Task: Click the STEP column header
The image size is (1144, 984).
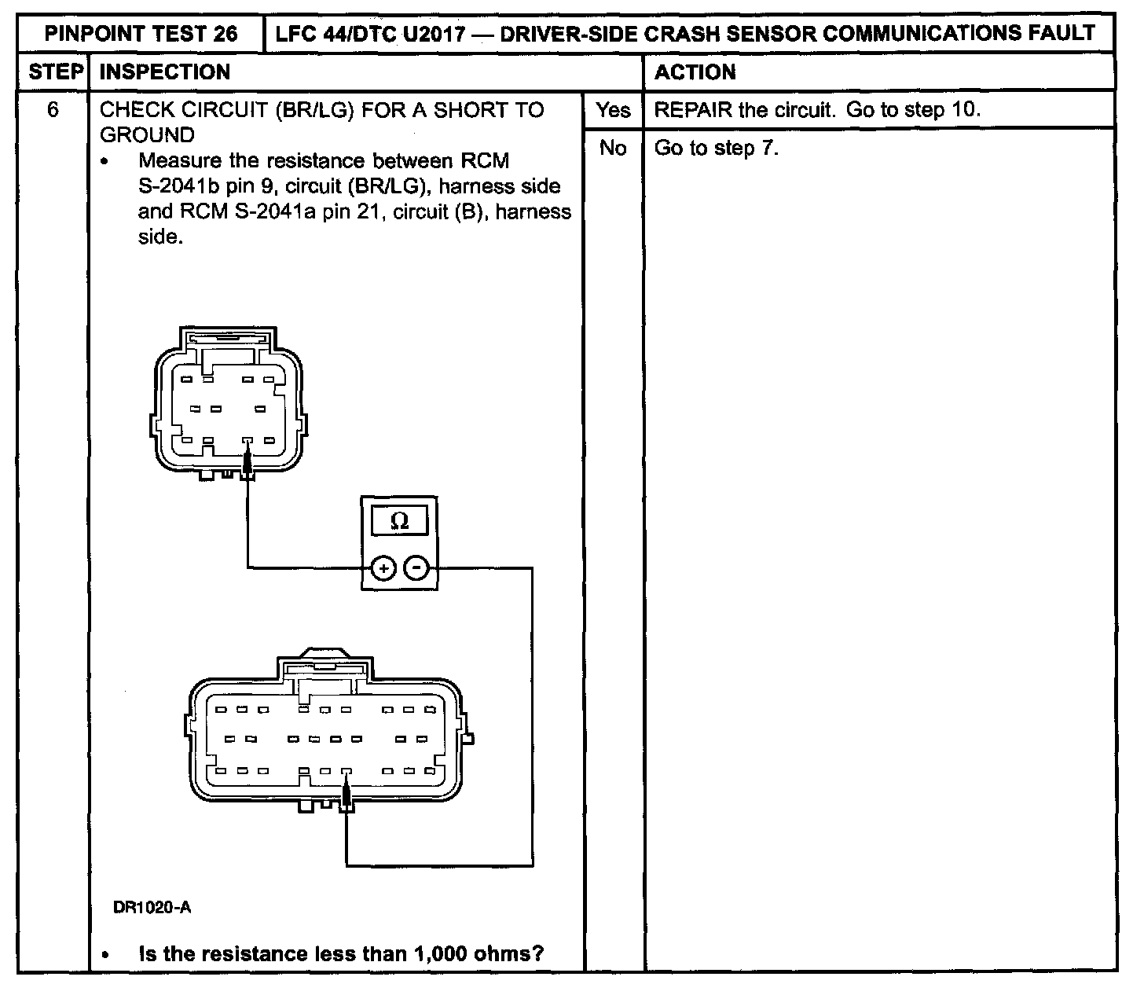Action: (x=55, y=72)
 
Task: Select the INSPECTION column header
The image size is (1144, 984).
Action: (x=166, y=72)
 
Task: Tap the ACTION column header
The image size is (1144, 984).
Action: (x=695, y=72)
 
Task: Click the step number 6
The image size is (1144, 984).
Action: (x=53, y=109)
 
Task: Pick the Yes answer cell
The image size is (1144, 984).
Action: (x=613, y=110)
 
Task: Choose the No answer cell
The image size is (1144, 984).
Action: (x=613, y=148)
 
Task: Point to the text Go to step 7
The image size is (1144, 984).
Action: (x=716, y=148)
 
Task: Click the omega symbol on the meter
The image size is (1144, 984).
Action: (x=399, y=522)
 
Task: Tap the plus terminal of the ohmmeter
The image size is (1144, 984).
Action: (x=383, y=567)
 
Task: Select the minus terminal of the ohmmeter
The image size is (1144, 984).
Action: (x=417, y=567)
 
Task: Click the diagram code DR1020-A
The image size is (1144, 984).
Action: (x=152, y=908)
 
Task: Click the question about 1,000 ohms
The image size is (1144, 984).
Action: (x=341, y=954)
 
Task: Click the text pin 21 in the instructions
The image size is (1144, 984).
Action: (x=334, y=211)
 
